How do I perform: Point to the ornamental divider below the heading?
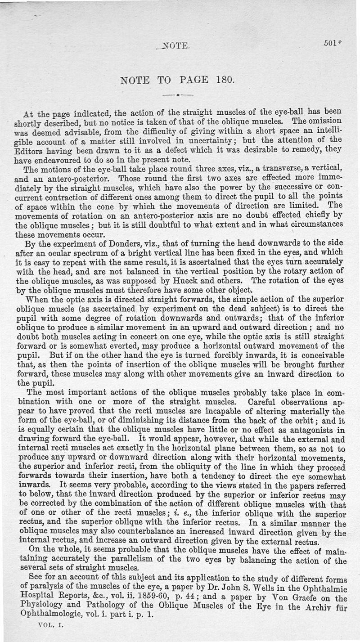pyautogui.click(x=178, y=95)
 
